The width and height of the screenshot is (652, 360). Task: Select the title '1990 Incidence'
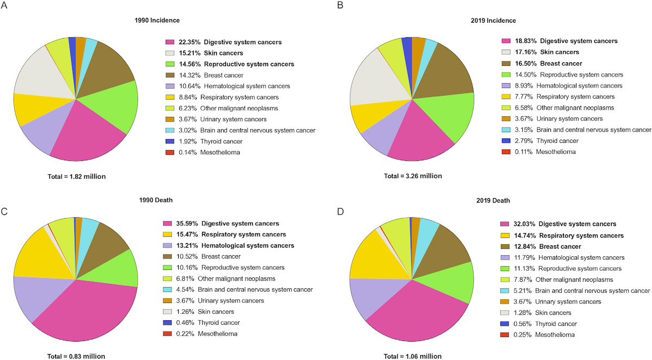click(157, 21)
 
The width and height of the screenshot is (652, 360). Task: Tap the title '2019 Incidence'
click(494, 21)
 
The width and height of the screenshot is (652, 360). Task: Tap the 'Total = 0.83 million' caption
click(74, 356)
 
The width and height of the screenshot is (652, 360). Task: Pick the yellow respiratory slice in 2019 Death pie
click(368, 255)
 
